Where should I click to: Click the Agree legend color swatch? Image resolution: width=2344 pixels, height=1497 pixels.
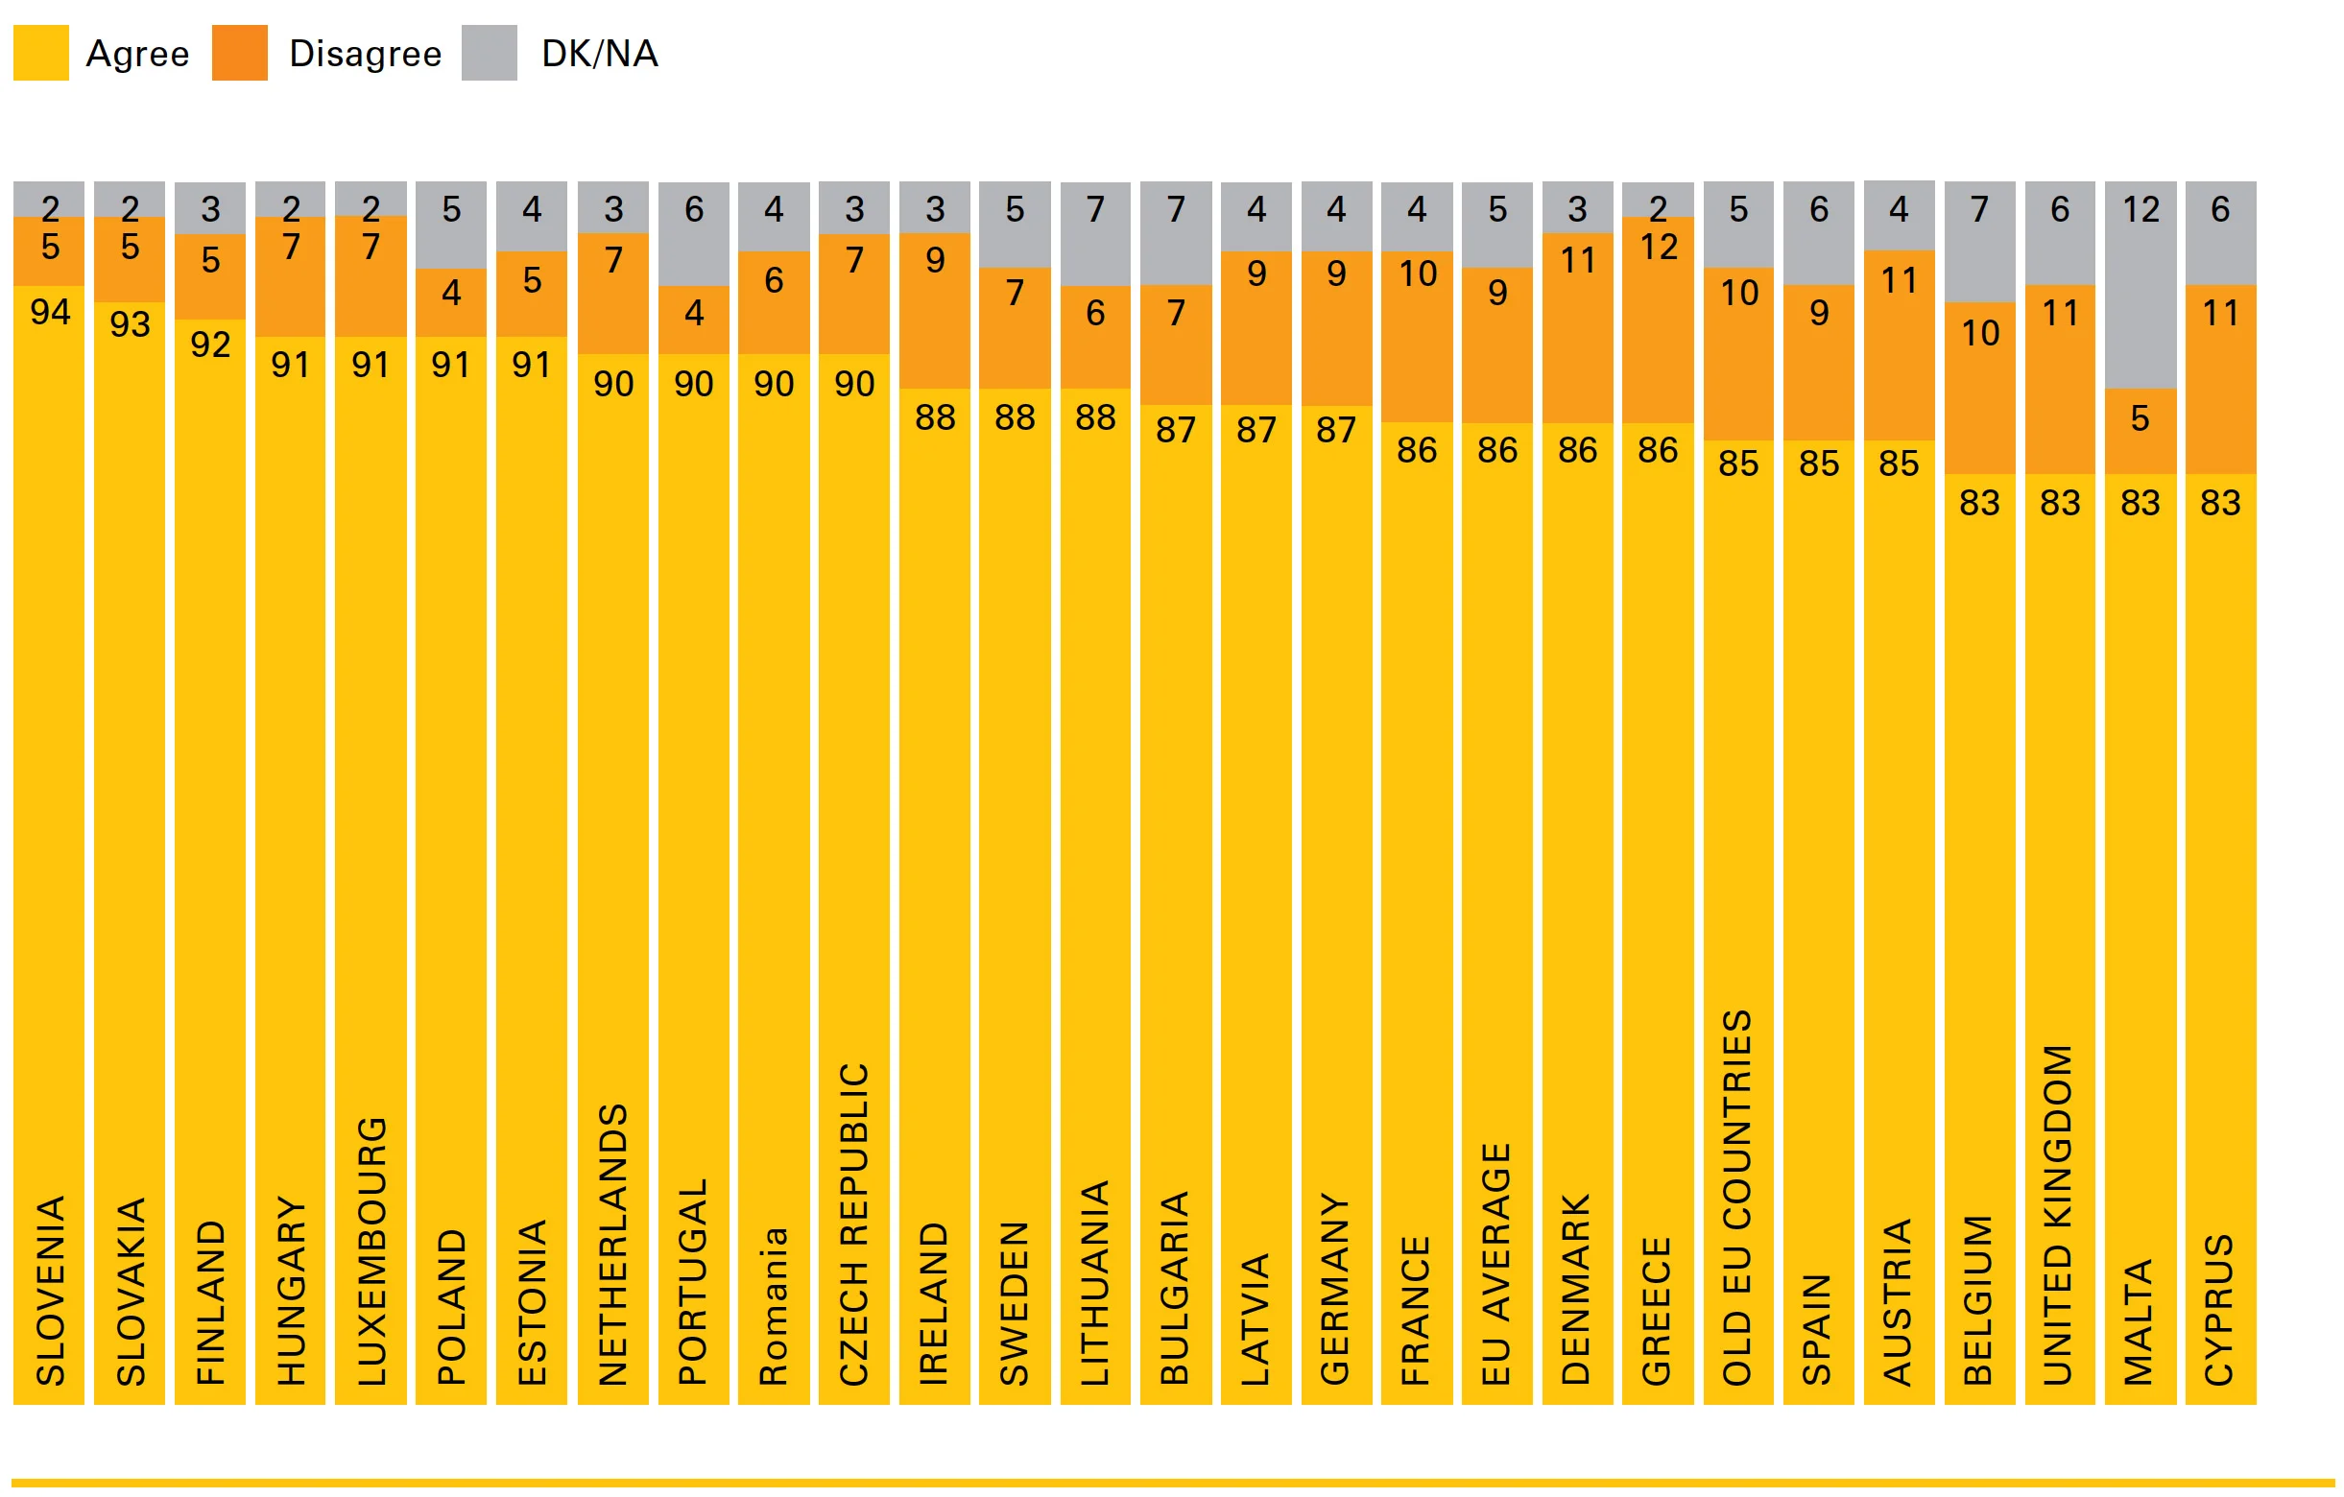coord(41,53)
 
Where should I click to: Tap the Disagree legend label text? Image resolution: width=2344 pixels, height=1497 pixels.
coord(365,54)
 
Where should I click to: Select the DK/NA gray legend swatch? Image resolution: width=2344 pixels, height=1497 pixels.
coord(489,53)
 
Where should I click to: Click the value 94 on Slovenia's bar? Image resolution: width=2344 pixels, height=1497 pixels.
coord(50,313)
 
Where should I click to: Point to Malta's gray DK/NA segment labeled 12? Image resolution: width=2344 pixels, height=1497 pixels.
coord(2141,282)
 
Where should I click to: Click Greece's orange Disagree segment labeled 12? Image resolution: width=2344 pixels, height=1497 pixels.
coord(1658,321)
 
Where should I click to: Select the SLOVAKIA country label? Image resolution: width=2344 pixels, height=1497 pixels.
coord(131,1292)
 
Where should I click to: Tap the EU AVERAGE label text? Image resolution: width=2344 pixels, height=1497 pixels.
coord(1497,1265)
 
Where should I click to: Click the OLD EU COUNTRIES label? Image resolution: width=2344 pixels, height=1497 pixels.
coord(1738,1199)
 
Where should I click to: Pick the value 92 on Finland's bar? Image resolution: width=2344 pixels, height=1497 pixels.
coord(210,345)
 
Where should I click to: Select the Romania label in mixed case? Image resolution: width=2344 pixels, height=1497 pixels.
coord(774,1307)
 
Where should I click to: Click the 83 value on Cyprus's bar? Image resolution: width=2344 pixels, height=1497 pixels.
coord(2220,503)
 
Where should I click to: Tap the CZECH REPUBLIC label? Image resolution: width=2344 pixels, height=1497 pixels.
coord(854,1224)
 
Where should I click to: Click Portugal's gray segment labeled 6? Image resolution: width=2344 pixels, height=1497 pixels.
coord(694,233)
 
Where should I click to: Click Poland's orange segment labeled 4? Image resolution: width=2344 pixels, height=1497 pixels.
coord(451,301)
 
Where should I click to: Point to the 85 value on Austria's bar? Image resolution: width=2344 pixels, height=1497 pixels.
coord(1900,463)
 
